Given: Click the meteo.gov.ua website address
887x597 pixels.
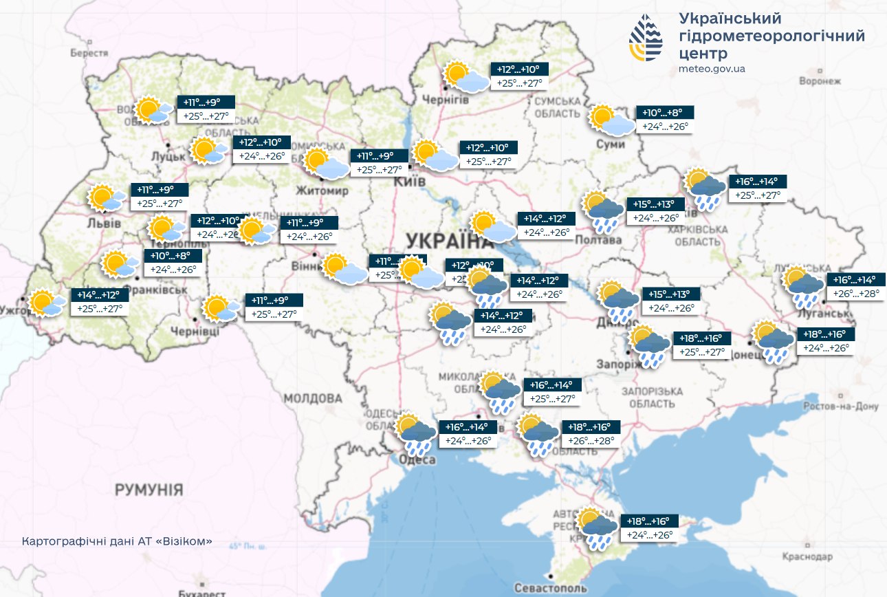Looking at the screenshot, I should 712,69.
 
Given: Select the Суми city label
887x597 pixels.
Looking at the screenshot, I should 611,144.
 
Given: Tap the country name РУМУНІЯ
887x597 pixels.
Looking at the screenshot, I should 149,490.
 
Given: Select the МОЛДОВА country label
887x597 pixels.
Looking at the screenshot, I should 313,398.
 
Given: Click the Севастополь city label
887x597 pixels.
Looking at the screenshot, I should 551,588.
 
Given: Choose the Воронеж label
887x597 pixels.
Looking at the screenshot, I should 820,81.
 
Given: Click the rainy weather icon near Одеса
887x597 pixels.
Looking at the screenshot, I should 417,434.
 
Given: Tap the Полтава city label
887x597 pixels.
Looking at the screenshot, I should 603,240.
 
